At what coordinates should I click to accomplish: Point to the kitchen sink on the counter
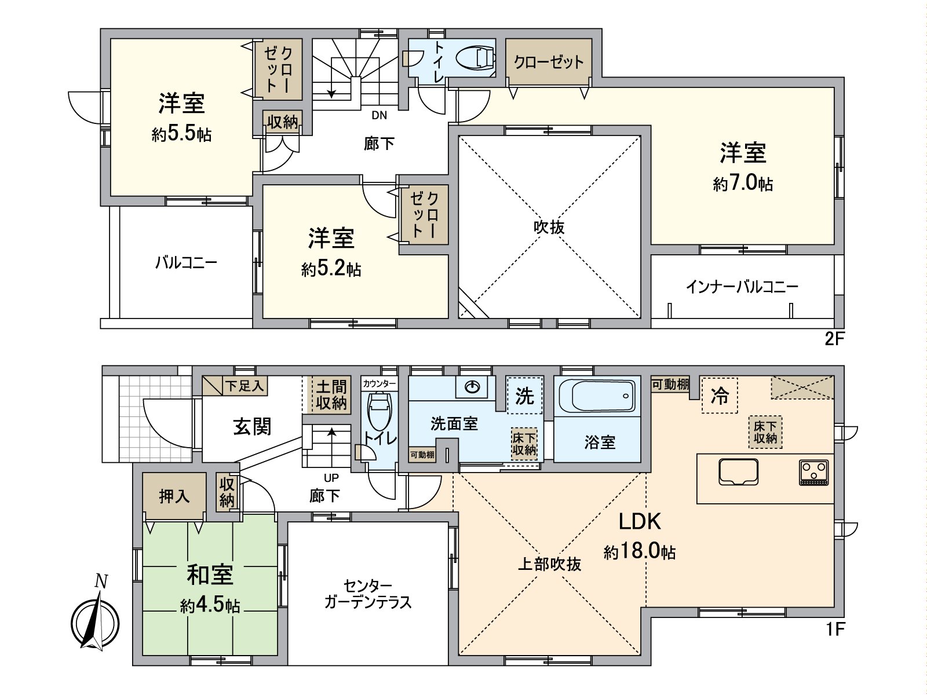738,471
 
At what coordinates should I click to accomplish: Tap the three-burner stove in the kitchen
814,472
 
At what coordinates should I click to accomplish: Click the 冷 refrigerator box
719,396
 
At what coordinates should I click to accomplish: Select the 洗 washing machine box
524,396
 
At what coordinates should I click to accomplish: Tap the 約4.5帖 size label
210,606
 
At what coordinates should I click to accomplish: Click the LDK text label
640,522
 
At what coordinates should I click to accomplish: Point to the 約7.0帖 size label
743,184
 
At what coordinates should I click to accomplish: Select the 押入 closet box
174,496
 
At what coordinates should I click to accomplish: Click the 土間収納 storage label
331,394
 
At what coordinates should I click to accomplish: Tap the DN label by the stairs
379,115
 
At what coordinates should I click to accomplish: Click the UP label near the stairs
331,478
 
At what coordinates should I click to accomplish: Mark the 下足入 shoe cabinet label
244,386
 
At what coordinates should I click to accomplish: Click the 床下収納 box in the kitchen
765,432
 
